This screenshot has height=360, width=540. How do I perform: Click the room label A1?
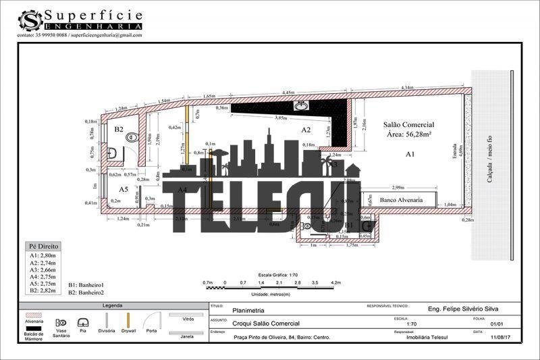[x=409, y=155]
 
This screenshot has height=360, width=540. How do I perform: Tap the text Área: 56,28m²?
[x=408, y=135]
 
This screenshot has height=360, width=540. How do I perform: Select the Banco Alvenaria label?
[x=401, y=200]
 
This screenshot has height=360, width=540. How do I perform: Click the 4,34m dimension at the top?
[x=407, y=88]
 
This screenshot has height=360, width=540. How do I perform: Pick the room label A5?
[x=124, y=189]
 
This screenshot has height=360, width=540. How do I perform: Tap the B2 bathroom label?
[x=118, y=128]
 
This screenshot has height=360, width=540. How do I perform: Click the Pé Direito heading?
[x=44, y=247]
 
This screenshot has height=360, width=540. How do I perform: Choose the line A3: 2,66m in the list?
[x=43, y=270]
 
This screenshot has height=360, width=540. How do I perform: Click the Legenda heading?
[x=112, y=306]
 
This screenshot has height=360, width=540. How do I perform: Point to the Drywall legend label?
[x=128, y=331]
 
